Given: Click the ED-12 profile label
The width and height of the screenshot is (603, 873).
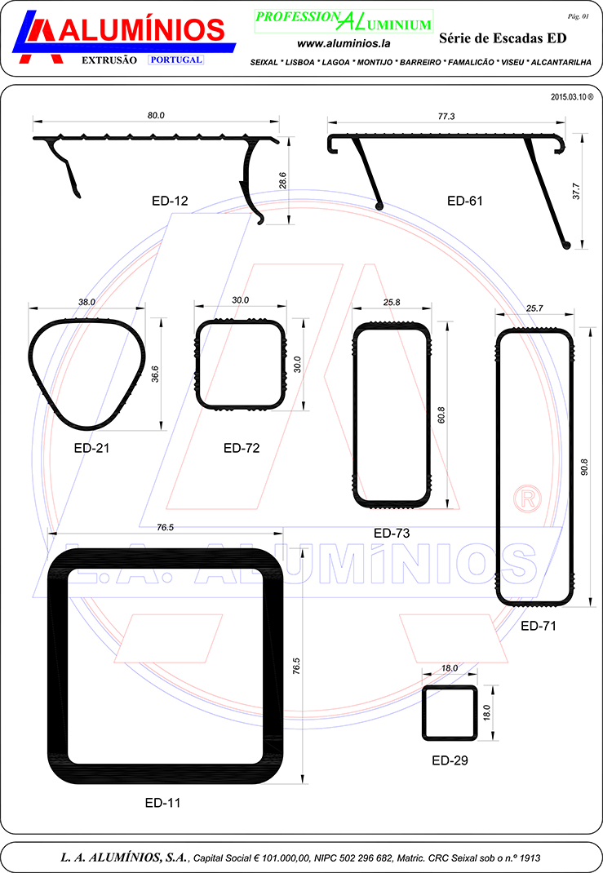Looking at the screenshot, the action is click(170, 201).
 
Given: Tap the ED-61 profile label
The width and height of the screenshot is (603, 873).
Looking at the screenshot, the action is click(465, 201).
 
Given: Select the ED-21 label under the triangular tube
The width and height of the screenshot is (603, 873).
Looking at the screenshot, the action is click(92, 448).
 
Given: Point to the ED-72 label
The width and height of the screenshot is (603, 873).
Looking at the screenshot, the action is click(242, 448).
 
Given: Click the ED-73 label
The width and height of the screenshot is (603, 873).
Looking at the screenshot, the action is click(392, 534).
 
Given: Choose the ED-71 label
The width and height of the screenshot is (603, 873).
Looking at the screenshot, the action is click(539, 626).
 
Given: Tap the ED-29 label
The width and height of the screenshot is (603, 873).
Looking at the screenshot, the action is click(450, 760).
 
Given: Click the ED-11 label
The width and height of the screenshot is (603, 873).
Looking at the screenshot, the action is click(162, 803).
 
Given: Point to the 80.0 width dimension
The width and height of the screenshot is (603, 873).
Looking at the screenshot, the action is click(156, 115).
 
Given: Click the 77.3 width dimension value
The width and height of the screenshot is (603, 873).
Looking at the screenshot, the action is click(446, 117).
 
